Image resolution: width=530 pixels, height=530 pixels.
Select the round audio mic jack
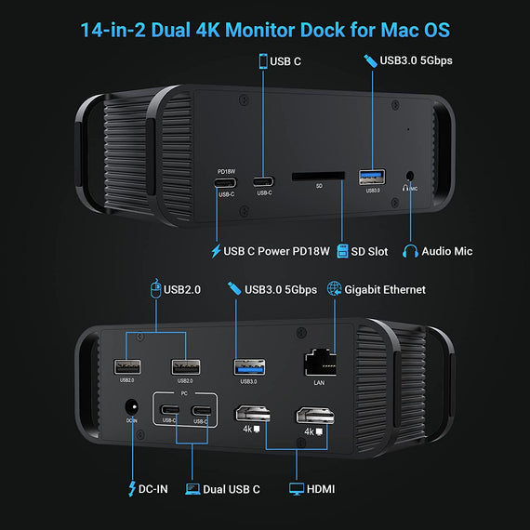point(410,174)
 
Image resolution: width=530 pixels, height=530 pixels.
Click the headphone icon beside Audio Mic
point(409,250)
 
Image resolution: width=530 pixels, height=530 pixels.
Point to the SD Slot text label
point(372,250)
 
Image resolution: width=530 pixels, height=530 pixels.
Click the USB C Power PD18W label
point(276,250)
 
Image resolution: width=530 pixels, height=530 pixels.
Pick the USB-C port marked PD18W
point(226,181)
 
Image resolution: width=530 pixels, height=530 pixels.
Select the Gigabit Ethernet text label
point(386,289)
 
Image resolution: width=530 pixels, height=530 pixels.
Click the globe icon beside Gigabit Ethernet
point(335,289)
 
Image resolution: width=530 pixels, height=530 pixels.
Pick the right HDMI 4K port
point(311,414)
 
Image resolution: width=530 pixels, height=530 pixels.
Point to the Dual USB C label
point(232,488)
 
